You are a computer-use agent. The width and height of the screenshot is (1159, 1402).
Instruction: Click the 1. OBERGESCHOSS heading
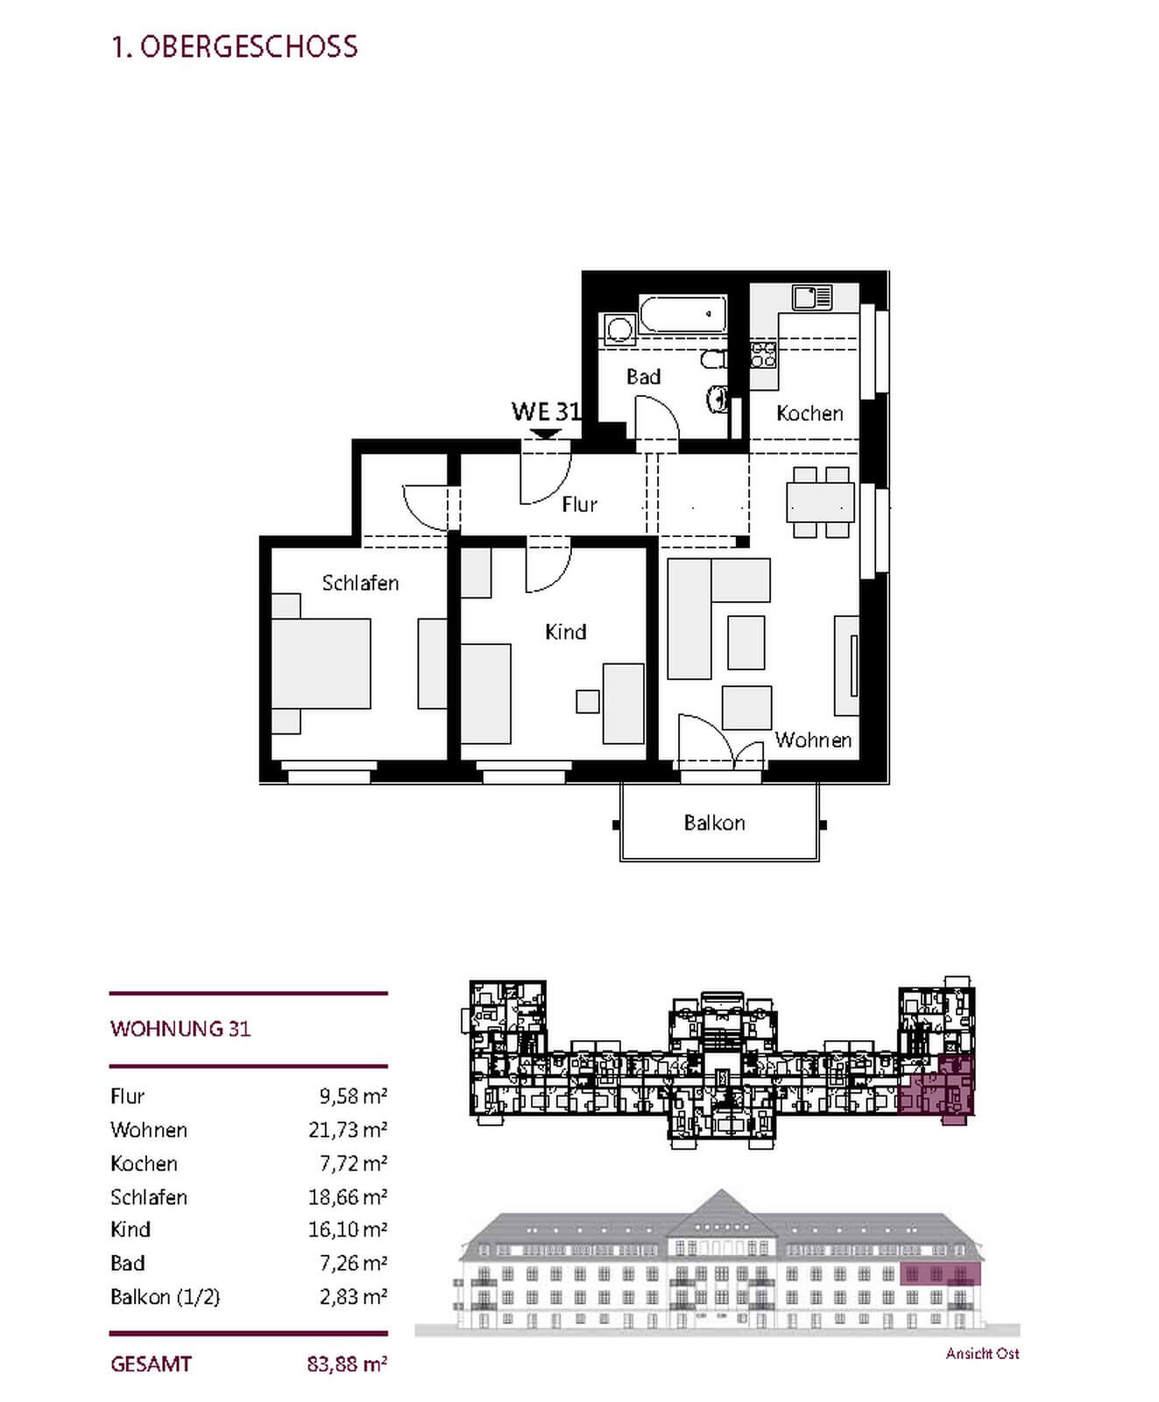coord(234,46)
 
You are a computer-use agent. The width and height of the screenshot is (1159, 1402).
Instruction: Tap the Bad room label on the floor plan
coord(643,377)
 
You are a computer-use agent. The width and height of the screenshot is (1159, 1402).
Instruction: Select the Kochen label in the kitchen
coord(809,414)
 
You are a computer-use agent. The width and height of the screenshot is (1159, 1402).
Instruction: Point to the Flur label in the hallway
coord(579,504)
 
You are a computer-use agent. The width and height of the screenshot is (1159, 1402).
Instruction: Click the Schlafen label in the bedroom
coord(360,583)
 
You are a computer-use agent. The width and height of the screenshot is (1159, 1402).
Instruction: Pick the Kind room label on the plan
coord(565,632)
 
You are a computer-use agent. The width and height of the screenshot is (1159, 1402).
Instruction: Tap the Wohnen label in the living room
coord(813,740)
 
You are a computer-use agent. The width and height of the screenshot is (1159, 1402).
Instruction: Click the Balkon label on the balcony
coord(714,823)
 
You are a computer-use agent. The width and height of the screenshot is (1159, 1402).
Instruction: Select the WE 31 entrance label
coord(546,411)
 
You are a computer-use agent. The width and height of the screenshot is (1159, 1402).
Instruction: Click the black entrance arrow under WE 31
coord(546,434)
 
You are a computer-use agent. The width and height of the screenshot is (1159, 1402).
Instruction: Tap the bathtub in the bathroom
coord(682,315)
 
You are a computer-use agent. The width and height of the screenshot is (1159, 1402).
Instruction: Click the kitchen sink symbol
coord(812,298)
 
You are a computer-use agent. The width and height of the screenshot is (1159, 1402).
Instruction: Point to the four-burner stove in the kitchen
coord(763,354)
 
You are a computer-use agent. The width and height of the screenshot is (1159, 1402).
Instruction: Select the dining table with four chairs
coord(820,503)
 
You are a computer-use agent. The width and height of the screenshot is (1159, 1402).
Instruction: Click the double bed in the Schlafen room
coord(321,663)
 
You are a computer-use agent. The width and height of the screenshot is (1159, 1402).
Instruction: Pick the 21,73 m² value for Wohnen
coord(348,1129)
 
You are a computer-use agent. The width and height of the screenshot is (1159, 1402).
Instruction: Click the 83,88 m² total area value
coord(348,1364)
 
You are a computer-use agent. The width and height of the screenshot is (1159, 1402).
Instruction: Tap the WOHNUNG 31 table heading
coord(180,1029)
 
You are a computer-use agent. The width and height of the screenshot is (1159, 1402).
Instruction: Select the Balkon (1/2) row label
coord(165,1297)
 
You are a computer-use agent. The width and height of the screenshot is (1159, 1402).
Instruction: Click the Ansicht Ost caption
coord(982,1354)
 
